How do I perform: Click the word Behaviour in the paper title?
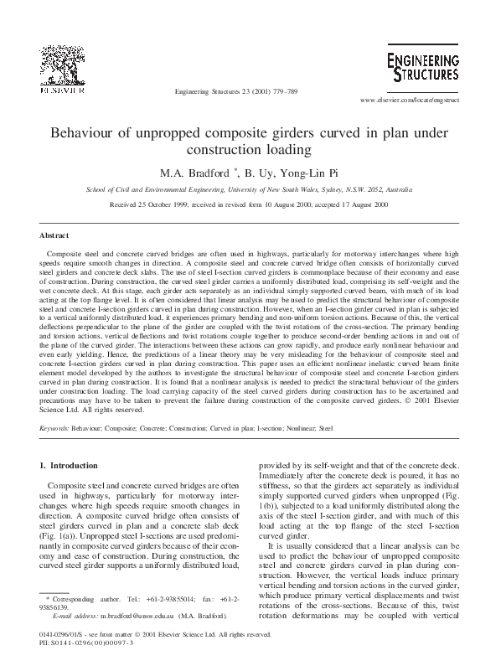(x=84, y=133)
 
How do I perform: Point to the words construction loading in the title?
(x=250, y=151)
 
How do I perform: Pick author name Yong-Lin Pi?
(x=315, y=173)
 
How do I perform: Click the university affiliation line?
(x=250, y=190)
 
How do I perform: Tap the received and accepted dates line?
(x=250, y=204)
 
